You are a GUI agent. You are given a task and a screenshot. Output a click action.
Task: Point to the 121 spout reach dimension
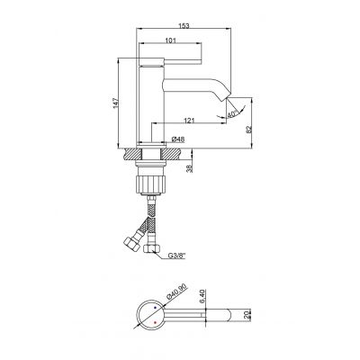tap(190, 120)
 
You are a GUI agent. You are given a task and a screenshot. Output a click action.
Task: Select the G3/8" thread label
tap(178, 256)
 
